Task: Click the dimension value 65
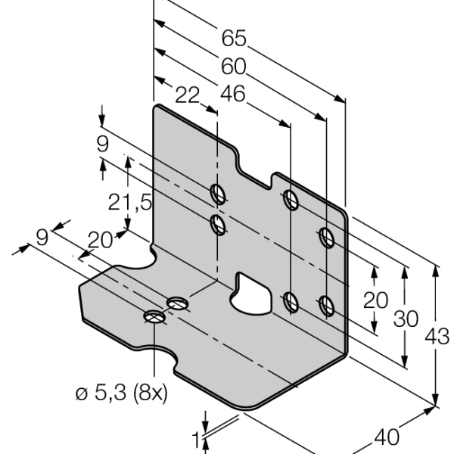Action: coord(234,38)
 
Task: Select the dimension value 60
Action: coord(233,67)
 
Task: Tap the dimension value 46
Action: coord(233,94)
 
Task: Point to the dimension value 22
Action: coord(188,95)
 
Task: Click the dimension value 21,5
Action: coord(129,202)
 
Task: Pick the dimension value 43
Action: coord(437,337)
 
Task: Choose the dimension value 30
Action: coord(406,319)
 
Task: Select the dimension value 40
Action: coord(387,437)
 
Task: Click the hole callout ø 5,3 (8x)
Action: coord(122,393)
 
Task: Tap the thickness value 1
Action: coord(196,440)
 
